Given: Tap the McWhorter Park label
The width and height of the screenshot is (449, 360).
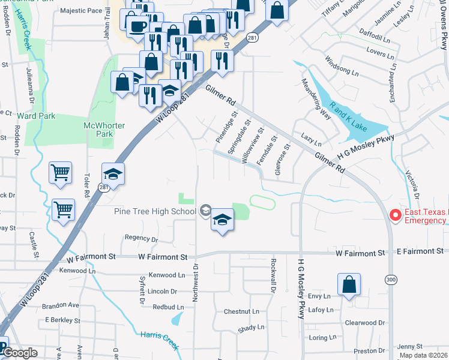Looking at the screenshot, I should pos(98,129).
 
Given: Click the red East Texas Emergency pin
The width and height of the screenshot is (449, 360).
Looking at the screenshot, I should pos(395,215).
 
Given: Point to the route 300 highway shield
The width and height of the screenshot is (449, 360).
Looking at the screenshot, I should pos(391,279).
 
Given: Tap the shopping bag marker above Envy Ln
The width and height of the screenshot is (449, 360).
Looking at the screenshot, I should pos(349,285).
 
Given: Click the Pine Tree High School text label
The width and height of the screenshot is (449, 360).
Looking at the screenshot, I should pos(155,211).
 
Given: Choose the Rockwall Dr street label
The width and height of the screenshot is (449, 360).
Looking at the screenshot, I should pos(273,274).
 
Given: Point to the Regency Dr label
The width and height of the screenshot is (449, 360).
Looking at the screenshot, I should pos(142,239).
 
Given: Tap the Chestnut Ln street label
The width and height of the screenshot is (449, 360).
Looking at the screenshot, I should pos(241,311).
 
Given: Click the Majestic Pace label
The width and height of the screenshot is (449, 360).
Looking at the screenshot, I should pos(82,11).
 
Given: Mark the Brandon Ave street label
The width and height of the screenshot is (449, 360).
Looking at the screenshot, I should pos(61,305).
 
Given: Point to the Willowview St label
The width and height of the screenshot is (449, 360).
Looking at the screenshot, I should pos(253,146).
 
